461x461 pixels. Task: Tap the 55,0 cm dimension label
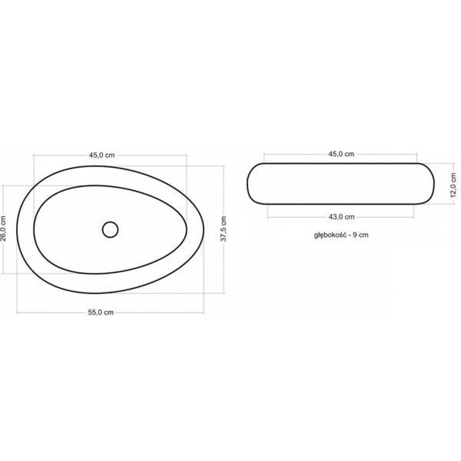click(x=101, y=313)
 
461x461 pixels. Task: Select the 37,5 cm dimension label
click(x=224, y=229)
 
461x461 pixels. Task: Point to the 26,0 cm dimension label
click(x=3, y=229)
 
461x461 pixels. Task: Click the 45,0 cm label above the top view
click(x=102, y=155)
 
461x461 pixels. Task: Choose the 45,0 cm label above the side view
click(x=341, y=154)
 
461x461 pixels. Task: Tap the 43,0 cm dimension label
click(x=341, y=217)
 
